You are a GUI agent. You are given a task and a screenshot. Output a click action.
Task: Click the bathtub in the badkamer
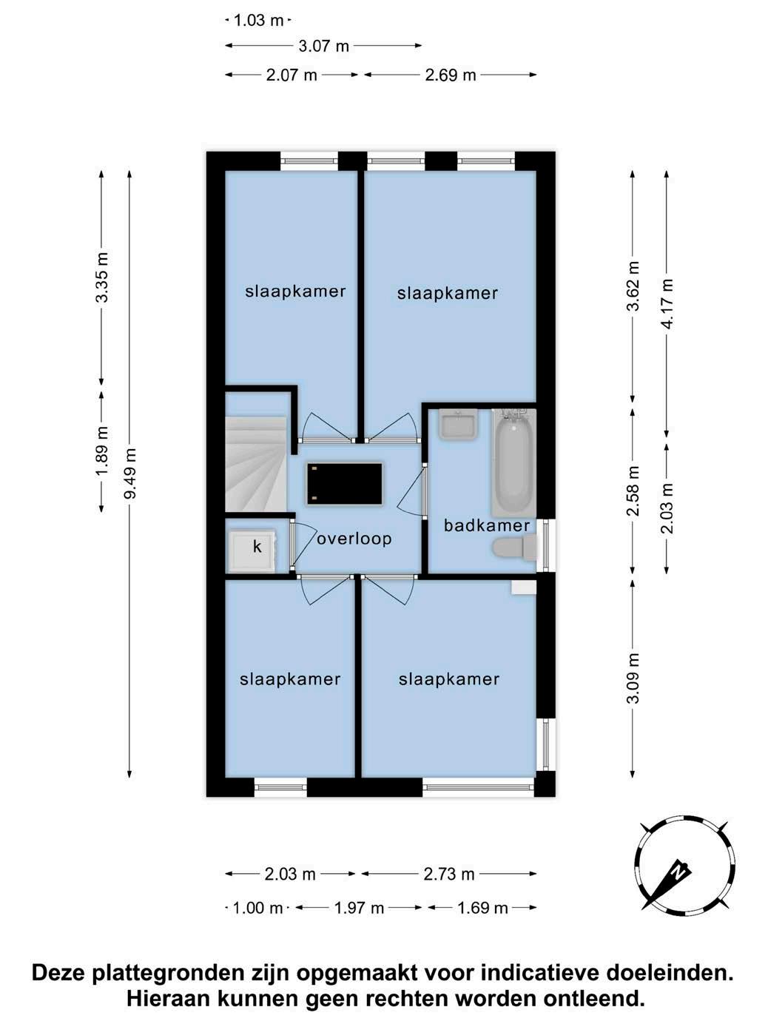pos(513,462)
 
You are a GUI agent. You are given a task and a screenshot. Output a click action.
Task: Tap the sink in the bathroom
pos(459,424)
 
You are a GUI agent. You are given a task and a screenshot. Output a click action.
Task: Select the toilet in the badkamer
pos(513,548)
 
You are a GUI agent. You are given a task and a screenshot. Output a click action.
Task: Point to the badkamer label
pos(487,526)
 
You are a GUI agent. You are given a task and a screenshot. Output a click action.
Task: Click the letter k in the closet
pos(257,546)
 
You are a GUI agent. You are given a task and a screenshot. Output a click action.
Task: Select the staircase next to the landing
pos(255,465)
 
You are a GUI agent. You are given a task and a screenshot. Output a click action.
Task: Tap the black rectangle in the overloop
pos(345,483)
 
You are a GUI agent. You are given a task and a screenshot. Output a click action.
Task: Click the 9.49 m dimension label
pos(130,474)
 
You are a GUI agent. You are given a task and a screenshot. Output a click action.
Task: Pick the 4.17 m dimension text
pos(667,303)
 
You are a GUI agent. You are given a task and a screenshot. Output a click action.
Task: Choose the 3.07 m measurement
pos(323,46)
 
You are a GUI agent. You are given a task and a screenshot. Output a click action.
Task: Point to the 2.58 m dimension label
pos(633,491)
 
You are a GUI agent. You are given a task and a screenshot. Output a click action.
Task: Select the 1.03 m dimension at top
pos(258,20)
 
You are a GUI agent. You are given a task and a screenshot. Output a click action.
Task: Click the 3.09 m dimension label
pos(633,678)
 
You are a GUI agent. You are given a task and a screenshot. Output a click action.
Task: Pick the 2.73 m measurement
pos(449,874)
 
